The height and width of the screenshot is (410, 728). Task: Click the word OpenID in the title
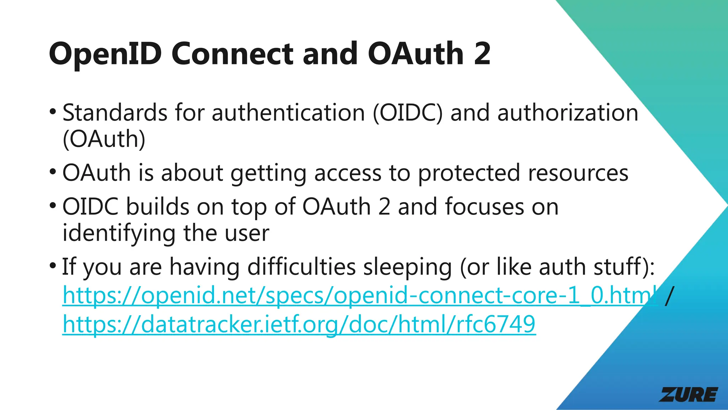coord(105,54)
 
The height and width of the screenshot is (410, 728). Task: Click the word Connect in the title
coord(232,54)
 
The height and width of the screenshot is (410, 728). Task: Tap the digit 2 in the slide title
coord(482,54)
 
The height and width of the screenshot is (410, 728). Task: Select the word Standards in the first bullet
coord(115,113)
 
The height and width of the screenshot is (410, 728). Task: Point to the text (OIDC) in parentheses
coord(408,113)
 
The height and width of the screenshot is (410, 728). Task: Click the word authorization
coord(568,113)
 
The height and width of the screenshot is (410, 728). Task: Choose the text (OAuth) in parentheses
coord(104,139)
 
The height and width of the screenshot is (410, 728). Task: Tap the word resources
coord(578,173)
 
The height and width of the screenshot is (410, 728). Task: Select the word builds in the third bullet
coord(158,207)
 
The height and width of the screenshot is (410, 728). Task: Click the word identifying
coord(119,233)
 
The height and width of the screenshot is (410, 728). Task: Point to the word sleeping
coord(407,267)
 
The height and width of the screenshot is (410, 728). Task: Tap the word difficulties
coord(301,267)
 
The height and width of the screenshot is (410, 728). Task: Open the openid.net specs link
coord(359,295)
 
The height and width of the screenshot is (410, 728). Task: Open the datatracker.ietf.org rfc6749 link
coord(299,324)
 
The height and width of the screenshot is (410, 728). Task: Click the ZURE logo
coord(689,395)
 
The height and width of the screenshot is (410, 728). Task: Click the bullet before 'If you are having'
coord(53,265)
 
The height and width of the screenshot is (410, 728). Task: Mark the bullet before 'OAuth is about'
coord(53,172)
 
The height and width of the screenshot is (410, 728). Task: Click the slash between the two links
coord(669,295)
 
